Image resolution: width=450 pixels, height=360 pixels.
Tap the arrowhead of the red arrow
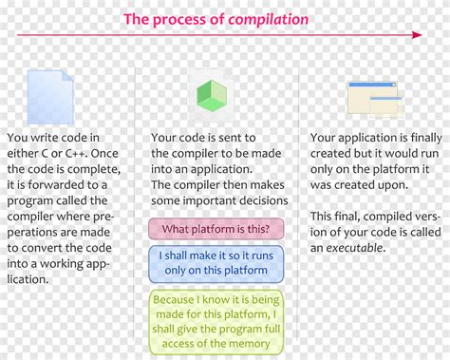417,35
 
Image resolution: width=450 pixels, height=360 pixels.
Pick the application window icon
371,98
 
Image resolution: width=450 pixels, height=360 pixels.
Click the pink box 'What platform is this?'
216,229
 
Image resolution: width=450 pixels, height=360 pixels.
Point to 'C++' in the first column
90,153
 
